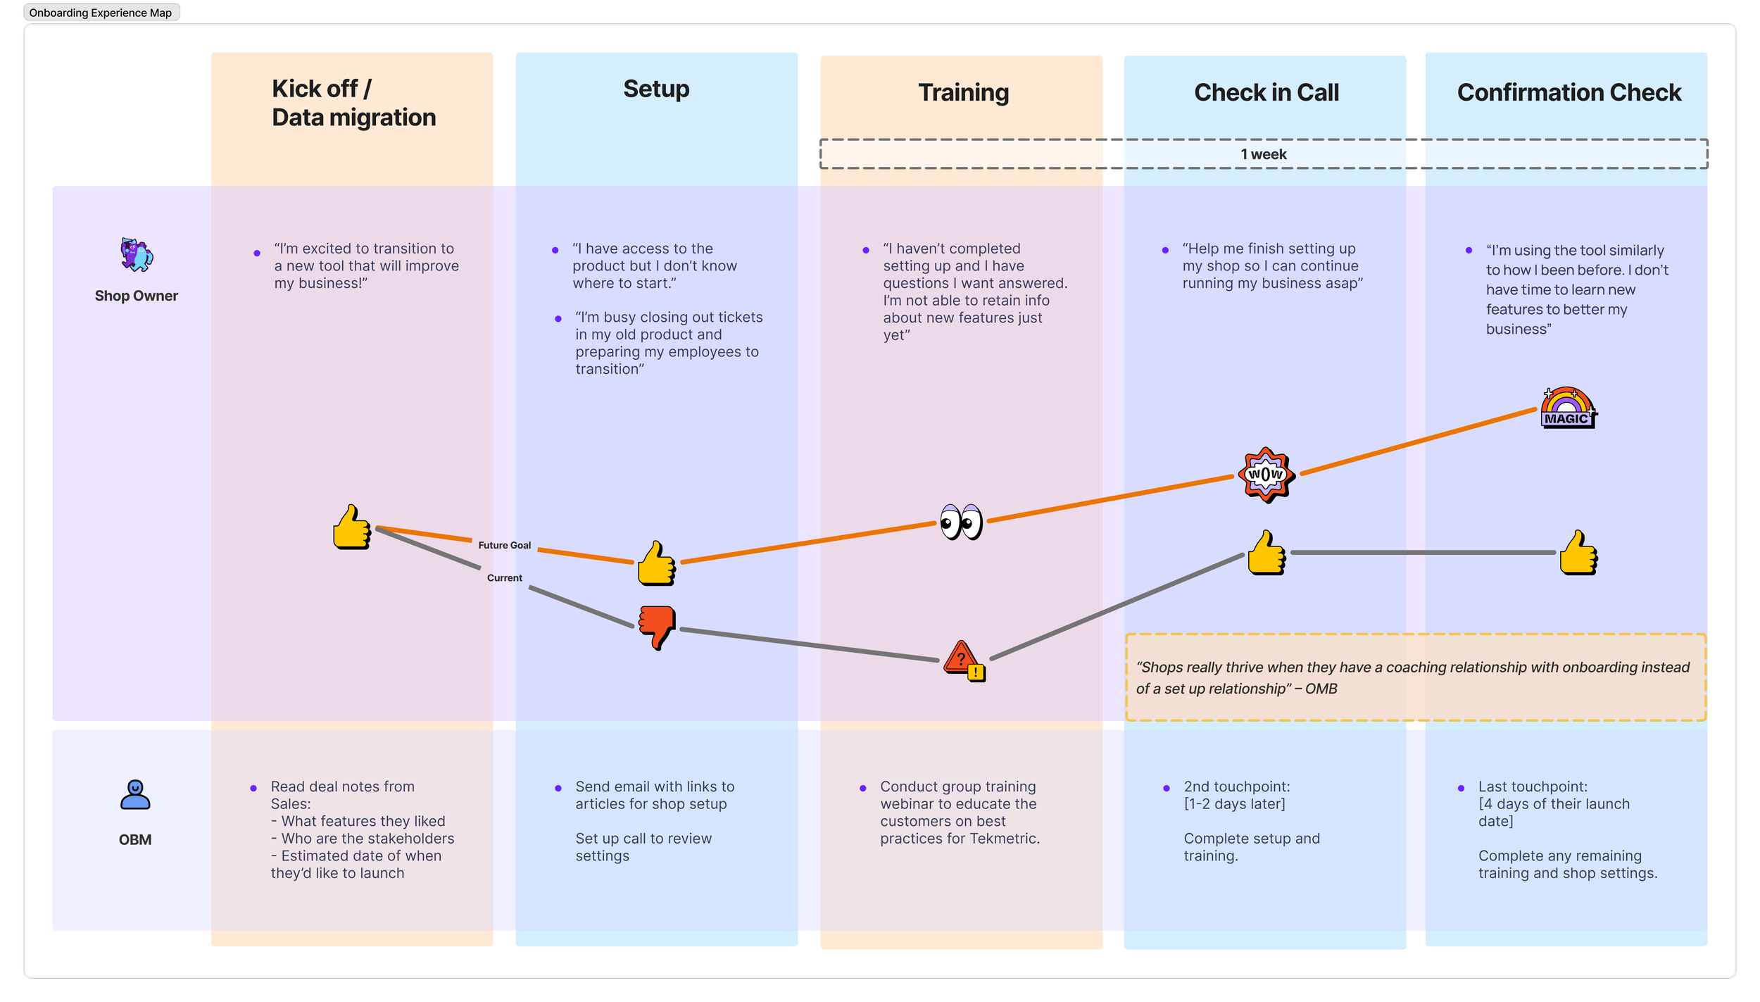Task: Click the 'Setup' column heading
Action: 656,89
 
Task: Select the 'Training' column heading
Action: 963,93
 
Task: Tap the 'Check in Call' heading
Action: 1266,93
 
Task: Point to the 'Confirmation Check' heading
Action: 1569,93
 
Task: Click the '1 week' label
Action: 1263,154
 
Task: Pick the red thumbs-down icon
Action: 657,626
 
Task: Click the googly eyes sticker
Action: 961,522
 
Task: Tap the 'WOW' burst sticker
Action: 1266,475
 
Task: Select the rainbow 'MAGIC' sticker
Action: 1568,408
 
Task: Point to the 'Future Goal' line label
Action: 504,545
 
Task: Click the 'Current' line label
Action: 504,578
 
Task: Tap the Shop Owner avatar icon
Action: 137,255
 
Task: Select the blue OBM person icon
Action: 135,794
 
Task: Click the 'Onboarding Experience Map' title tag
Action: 101,13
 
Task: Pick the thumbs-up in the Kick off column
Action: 352,527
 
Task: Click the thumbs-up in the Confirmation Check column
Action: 1578,553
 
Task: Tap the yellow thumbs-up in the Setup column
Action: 656,563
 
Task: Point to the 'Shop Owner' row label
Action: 137,296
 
